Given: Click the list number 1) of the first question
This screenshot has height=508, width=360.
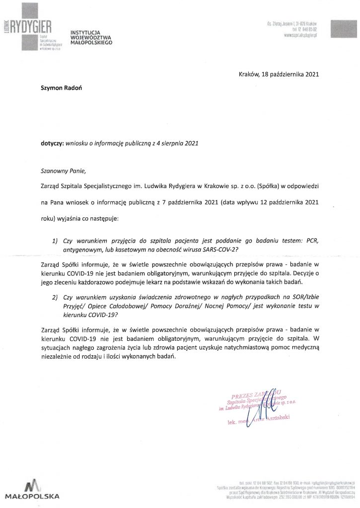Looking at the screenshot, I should pos(55,241).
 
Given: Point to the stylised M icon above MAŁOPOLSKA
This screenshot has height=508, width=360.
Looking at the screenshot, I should pos(32,485).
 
